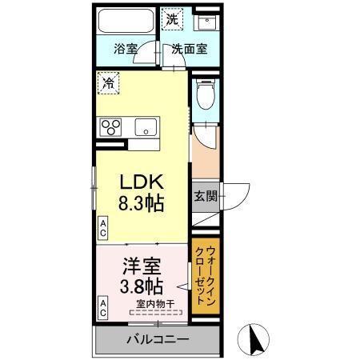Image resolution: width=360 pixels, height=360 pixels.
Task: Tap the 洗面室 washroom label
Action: (189, 47)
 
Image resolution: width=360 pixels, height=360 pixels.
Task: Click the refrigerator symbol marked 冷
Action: (107, 81)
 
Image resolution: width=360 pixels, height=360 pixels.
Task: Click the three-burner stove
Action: (110, 126)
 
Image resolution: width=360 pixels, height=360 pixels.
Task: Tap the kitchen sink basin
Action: (147, 127)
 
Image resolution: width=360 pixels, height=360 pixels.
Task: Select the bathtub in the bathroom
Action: (126, 20)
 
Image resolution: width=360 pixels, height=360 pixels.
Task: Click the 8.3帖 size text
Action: (142, 202)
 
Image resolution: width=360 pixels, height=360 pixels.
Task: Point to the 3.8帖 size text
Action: (142, 286)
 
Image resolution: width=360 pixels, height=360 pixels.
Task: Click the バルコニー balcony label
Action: (157, 340)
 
